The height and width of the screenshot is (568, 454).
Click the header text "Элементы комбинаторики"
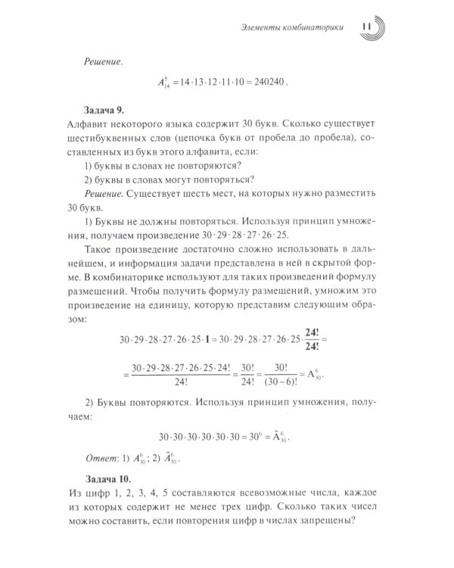tap(296, 29)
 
